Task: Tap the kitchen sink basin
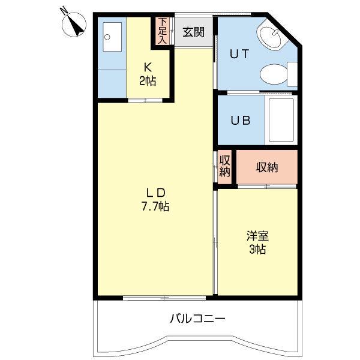coord(111,38)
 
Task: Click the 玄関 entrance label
coord(193,33)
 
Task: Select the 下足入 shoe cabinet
coord(163,32)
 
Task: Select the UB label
coord(241,119)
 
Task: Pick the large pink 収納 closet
coord(267,167)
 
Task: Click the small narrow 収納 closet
coord(224,166)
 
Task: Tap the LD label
coord(155,193)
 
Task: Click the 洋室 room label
coord(257,235)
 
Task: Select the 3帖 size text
coord(257,249)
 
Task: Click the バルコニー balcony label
coord(197,317)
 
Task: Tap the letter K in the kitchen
coord(147,67)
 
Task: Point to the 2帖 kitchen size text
coord(147,81)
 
